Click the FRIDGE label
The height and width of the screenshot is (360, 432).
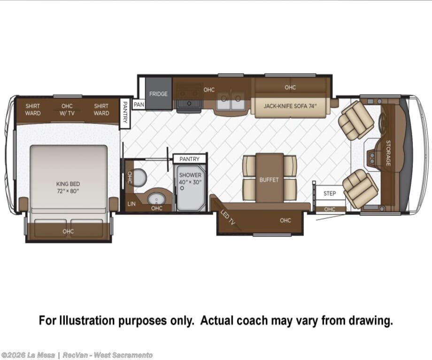(158, 94)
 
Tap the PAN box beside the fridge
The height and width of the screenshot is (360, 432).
(139, 104)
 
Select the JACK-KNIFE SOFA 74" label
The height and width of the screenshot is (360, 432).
(290, 106)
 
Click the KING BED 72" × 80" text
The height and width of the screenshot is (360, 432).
(68, 187)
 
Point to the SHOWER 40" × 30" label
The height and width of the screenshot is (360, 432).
(190, 178)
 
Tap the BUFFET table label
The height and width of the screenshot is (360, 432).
(269, 180)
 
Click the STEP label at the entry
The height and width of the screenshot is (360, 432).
(330, 193)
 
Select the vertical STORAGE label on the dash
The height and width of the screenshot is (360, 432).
(388, 153)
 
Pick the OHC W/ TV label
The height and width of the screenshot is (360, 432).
(67, 109)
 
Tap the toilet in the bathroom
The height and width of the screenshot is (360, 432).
(140, 177)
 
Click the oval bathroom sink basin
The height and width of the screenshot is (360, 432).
(156, 199)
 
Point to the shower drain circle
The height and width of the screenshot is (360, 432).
(182, 188)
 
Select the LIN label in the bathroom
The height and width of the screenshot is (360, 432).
(131, 204)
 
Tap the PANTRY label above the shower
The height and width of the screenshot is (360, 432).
(189, 159)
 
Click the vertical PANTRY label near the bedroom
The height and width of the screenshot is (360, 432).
(125, 112)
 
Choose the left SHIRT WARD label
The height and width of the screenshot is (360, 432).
(33, 109)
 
